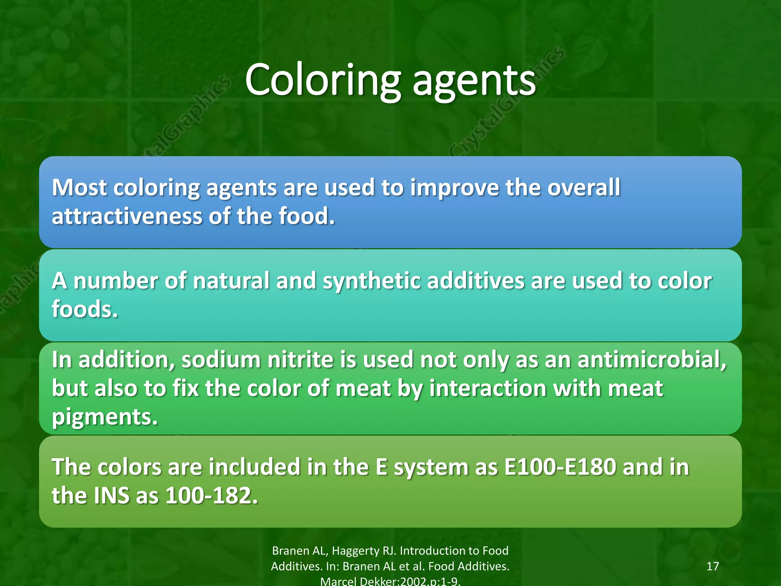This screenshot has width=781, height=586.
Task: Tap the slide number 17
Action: [x=712, y=566]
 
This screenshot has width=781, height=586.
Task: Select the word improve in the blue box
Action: [x=454, y=188]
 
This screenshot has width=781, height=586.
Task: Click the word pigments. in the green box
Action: [x=104, y=417]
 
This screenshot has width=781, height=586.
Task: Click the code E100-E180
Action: [x=560, y=467]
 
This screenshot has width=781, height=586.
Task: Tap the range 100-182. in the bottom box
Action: [x=212, y=496]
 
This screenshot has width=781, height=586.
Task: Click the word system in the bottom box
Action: [x=431, y=468]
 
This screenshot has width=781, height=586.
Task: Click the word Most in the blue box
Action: [x=79, y=188]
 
